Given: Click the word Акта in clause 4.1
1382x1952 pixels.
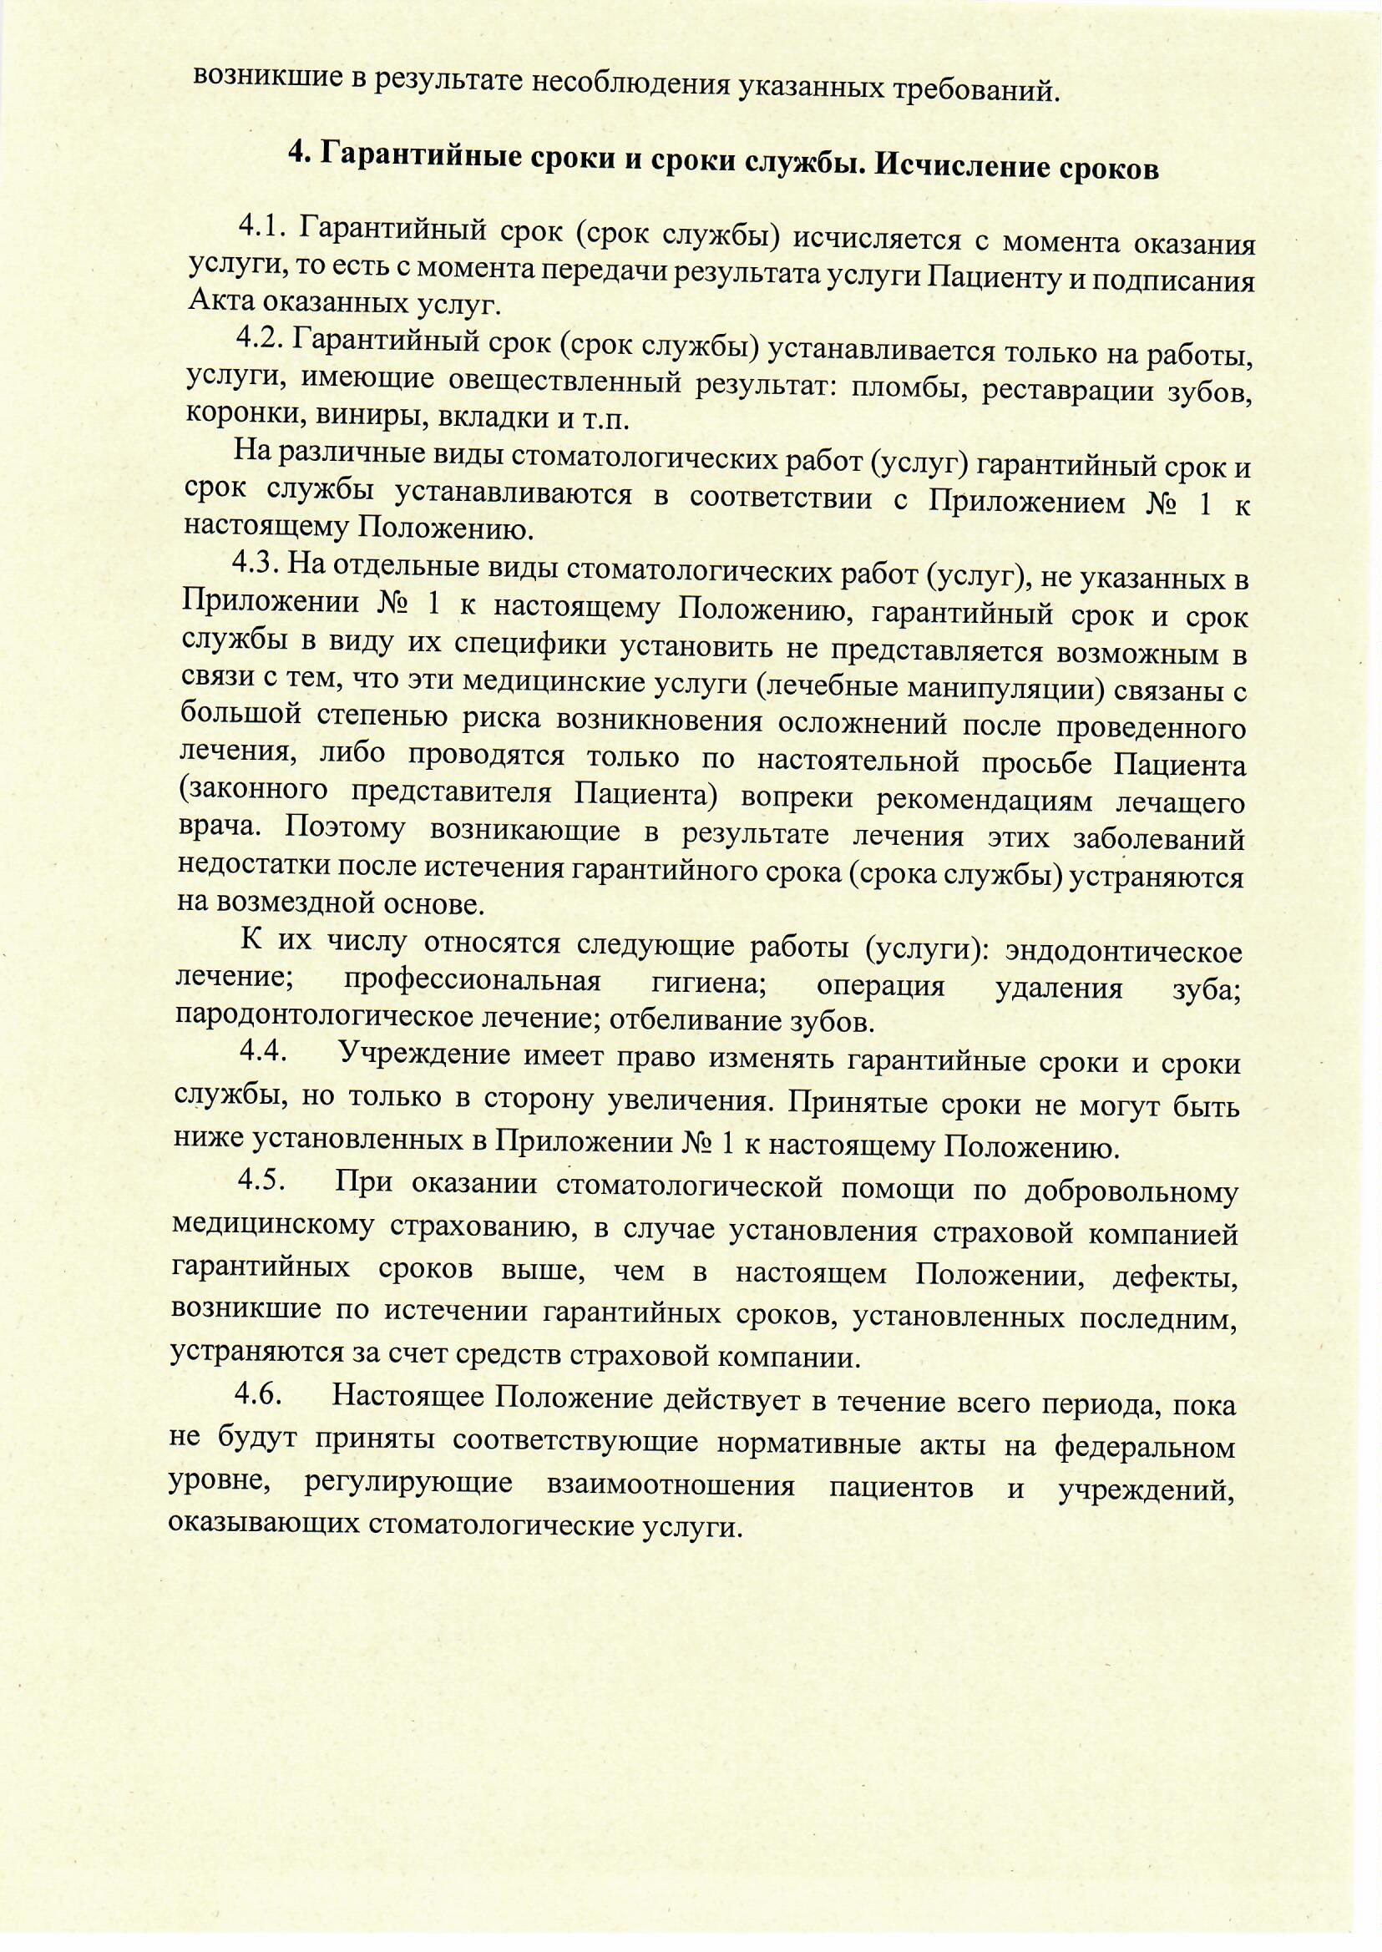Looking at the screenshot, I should pyautogui.click(x=218, y=302).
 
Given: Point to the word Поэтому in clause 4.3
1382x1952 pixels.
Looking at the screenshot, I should pyautogui.click(x=342, y=830).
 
